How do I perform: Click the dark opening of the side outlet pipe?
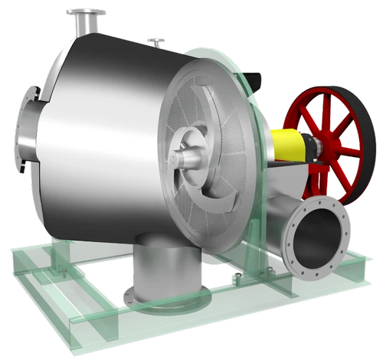[x=319, y=241]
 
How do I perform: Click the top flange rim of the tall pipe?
[x=86, y=12]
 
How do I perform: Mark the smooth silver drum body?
[x=100, y=130]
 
